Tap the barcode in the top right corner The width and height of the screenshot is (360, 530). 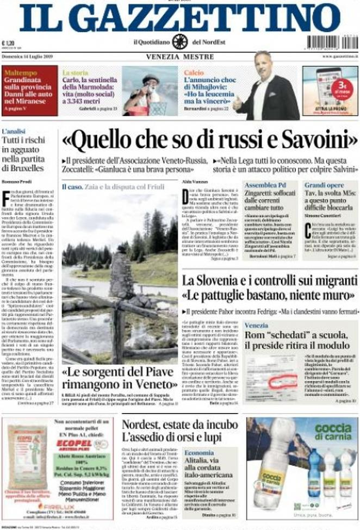[x=332, y=42]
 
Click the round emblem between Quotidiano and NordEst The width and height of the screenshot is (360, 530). [x=179, y=42]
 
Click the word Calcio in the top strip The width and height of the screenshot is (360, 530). [x=194, y=72]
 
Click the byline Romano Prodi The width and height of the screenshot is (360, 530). [x=15, y=180]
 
